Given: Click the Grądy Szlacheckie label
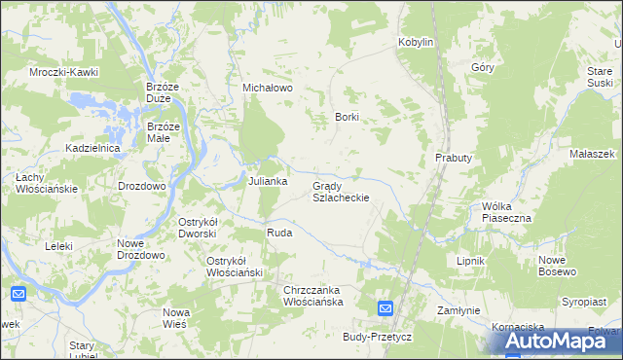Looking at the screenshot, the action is pos(340,191).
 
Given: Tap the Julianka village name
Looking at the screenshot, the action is pos(267,182).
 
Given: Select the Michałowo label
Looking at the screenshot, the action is pos(268,88).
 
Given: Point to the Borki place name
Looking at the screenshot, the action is pos(348,117).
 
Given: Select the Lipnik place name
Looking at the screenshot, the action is pos(470,262).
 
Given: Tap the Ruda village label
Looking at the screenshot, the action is pos(279,234).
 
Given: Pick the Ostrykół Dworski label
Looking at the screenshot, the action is pos(202,227).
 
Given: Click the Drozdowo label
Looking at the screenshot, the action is pos(142,185).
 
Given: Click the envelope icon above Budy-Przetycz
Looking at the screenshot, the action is pos(385,309).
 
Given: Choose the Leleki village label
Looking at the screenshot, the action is pos(58,246).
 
